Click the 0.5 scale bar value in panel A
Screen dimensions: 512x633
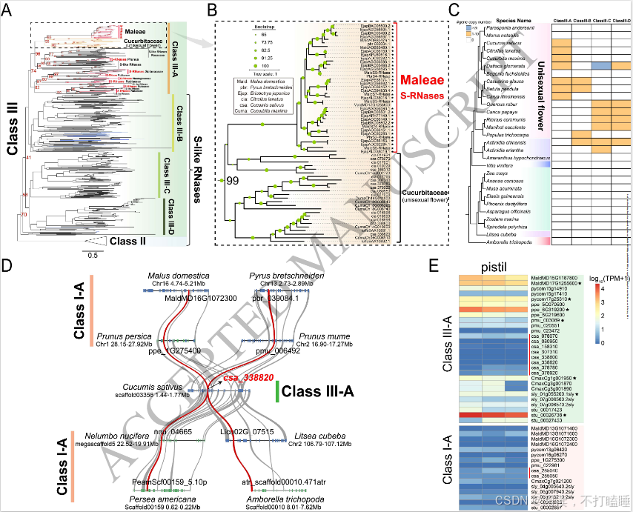pyautogui.click(x=91, y=256)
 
